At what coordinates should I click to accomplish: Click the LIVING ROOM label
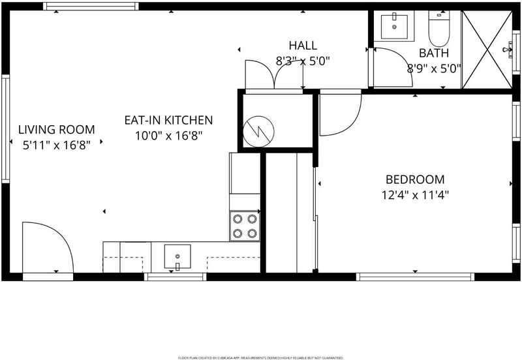point(57,129)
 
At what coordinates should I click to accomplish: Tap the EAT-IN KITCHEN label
point(168,120)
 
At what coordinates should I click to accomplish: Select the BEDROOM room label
point(415,179)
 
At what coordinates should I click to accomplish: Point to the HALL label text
point(303,46)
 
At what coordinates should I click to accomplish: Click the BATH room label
point(434,53)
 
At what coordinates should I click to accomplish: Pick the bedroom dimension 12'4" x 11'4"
point(415,194)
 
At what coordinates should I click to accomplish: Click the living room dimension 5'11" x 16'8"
point(57,145)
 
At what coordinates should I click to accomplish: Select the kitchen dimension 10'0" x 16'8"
point(168,136)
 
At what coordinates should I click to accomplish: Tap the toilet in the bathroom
point(439,29)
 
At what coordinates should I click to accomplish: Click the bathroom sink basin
point(394,27)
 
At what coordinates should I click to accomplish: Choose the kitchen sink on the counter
point(177,256)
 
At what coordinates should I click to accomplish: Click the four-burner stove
point(245,226)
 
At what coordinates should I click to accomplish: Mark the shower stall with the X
point(487,50)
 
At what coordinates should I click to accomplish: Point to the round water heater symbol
point(258,132)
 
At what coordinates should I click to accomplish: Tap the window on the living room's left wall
point(6,128)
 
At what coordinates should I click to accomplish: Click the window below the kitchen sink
point(176,277)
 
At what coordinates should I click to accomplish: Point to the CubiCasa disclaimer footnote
point(260,358)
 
